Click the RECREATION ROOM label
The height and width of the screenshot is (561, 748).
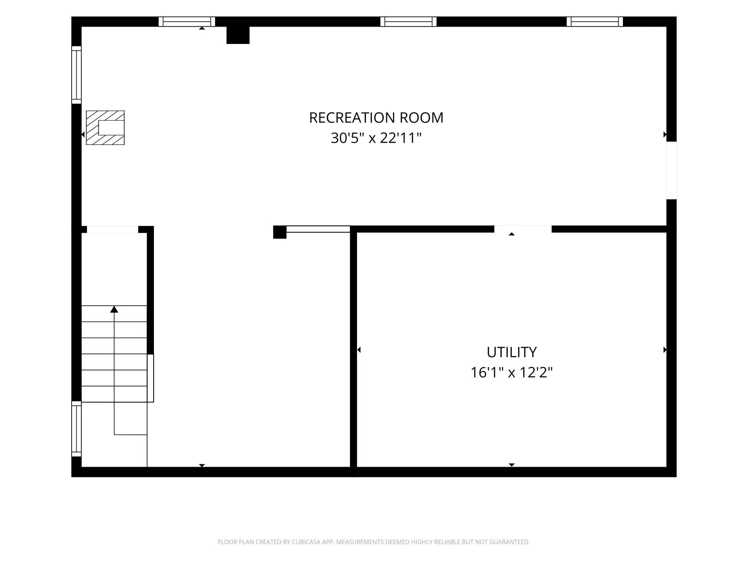point(376,118)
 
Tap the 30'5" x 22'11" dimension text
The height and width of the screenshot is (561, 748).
point(376,138)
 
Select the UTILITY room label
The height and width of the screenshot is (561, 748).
point(511,352)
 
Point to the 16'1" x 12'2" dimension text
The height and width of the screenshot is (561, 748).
point(511,373)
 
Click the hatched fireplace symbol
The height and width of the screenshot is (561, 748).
point(105,128)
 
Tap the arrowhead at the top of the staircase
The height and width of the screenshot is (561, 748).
point(114,309)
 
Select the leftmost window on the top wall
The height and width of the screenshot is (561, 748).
point(187,22)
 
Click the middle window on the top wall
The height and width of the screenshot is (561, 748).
point(409,22)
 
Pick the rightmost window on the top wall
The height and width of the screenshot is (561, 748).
point(595,22)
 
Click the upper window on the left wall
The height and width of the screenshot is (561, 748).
point(76,75)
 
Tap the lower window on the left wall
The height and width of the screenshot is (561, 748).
point(76,429)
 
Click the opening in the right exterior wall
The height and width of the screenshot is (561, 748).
point(671,170)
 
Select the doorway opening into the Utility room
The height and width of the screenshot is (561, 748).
point(523,229)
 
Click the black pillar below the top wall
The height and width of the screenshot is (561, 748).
point(238,35)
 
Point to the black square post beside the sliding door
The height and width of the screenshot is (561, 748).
point(280,232)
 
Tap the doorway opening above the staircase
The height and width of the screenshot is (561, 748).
point(113,229)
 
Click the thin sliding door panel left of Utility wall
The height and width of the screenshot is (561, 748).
point(318,229)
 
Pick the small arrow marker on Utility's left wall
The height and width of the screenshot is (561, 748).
point(359,350)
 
